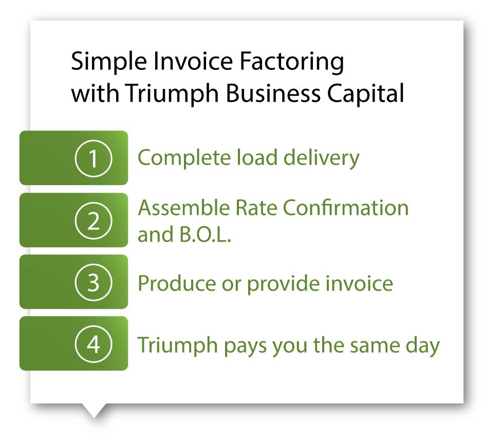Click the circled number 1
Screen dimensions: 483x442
tap(94, 158)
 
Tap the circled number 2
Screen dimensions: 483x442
tap(94, 220)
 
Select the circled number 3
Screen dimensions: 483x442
tap(94, 282)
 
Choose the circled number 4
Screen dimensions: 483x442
tap(94, 344)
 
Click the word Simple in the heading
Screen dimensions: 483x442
tap(109, 62)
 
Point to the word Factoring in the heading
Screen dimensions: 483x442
tap(292, 62)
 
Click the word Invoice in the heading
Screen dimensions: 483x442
tap(193, 61)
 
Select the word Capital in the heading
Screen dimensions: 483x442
tap(365, 94)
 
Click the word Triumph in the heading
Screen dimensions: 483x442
tap(172, 94)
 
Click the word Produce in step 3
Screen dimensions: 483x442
tap(177, 283)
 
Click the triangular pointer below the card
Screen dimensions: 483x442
tap(94, 410)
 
